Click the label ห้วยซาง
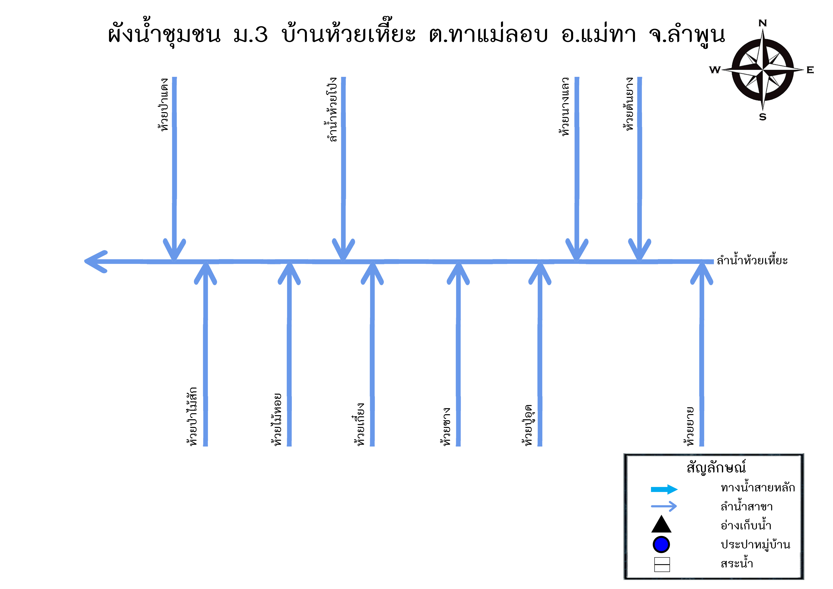pos(446,426)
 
